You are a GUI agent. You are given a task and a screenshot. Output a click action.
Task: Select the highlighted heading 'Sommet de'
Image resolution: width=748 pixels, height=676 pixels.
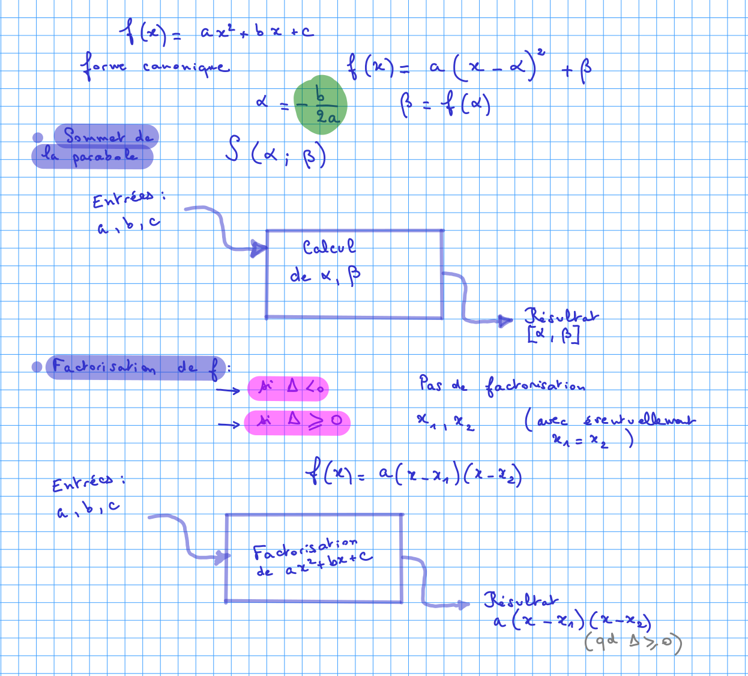click(107, 136)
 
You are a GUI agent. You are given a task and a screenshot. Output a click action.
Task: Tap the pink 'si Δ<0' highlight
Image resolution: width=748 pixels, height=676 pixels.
click(288, 388)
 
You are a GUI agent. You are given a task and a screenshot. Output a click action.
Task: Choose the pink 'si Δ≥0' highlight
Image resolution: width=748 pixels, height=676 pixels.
click(297, 421)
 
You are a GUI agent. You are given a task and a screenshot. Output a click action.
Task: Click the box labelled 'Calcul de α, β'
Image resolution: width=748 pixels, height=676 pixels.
click(354, 274)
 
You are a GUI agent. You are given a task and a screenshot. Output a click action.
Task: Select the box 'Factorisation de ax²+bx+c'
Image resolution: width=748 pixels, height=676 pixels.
click(313, 558)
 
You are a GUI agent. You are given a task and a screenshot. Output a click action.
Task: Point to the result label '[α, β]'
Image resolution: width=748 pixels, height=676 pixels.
click(553, 334)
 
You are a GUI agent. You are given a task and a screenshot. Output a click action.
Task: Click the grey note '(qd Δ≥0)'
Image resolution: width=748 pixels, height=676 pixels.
click(633, 642)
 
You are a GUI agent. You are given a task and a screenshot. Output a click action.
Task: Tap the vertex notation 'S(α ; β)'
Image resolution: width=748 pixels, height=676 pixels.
click(276, 152)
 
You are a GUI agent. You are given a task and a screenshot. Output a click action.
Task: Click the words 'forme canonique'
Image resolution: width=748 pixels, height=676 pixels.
click(155, 66)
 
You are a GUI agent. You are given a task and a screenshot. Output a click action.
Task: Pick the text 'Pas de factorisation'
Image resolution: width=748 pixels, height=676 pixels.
click(501, 385)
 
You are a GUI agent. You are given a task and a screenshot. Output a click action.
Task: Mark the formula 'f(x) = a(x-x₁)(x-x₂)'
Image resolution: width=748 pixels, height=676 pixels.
click(414, 475)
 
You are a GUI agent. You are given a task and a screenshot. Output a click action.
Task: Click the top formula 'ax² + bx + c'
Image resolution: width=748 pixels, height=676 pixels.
click(257, 32)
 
